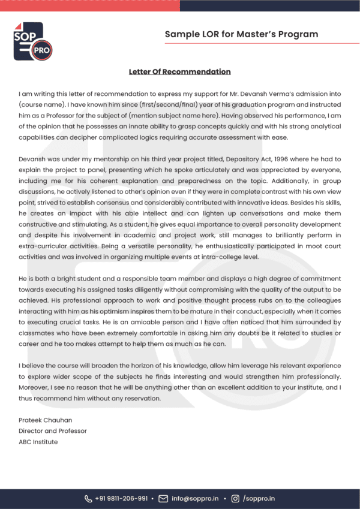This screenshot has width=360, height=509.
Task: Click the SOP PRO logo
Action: point(32,41)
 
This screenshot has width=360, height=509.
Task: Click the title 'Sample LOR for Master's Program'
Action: point(241,34)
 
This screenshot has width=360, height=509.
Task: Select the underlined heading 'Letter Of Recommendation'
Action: point(179,72)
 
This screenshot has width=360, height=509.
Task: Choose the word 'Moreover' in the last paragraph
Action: point(35,387)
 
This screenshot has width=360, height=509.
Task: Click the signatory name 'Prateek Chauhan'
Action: point(45,420)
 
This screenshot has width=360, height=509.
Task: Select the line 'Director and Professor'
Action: point(52,431)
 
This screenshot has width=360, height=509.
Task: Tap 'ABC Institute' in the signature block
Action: point(38,442)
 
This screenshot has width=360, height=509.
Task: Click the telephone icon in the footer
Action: point(89,498)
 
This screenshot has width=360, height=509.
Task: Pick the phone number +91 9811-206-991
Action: point(122,498)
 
